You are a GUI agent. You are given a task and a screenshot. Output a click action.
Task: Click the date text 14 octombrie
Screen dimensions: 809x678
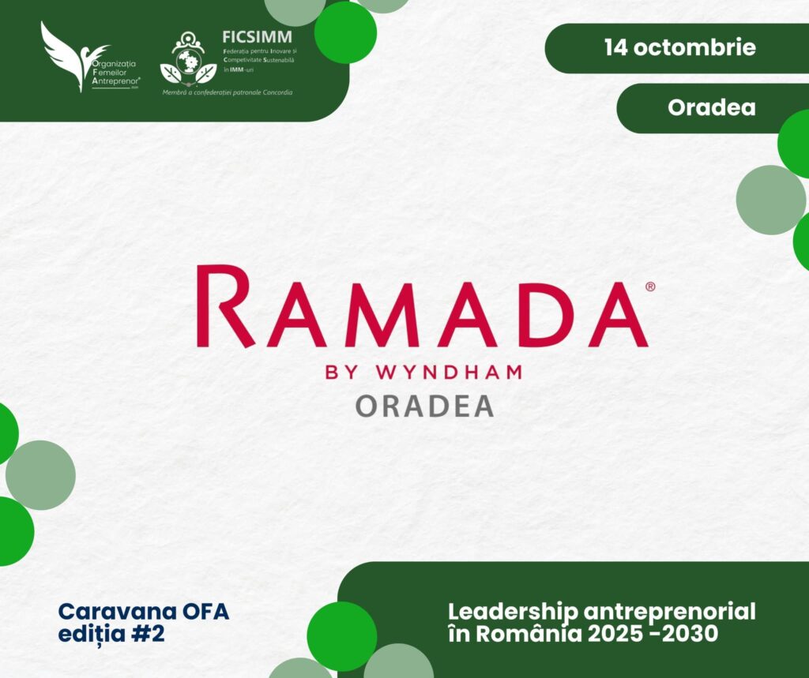pyautogui.click(x=680, y=47)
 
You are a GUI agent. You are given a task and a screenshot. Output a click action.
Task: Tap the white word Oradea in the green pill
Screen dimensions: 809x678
pyautogui.click(x=712, y=107)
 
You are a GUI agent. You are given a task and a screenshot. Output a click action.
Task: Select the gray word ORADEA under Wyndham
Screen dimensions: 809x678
pyautogui.click(x=424, y=406)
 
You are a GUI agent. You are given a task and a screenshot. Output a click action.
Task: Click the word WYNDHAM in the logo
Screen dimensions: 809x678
pyautogui.click(x=450, y=373)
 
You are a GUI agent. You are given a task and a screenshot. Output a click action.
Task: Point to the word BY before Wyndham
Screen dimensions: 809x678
pyautogui.click(x=341, y=373)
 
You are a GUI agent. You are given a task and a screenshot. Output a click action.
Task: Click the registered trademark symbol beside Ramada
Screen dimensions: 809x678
pyautogui.click(x=650, y=287)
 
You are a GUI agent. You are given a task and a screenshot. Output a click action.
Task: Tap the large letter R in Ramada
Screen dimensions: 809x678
pyautogui.click(x=225, y=305)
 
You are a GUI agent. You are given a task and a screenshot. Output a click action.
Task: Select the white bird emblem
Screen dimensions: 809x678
pyautogui.click(x=72, y=56)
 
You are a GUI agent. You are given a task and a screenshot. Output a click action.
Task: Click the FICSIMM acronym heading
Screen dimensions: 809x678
pyautogui.click(x=257, y=36)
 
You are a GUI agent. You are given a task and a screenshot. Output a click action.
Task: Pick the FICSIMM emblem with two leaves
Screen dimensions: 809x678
pyautogui.click(x=188, y=58)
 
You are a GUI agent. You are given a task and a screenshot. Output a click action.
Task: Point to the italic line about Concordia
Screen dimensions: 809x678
pyautogui.click(x=228, y=93)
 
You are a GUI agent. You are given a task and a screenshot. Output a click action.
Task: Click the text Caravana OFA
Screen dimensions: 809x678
pyautogui.click(x=144, y=612)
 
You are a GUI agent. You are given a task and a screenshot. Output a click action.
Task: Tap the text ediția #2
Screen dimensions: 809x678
pyautogui.click(x=111, y=634)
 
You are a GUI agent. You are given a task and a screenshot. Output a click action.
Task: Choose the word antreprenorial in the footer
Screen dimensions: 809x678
pyautogui.click(x=670, y=612)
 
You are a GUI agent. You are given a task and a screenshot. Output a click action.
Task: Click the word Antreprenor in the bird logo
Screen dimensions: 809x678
pyautogui.click(x=115, y=81)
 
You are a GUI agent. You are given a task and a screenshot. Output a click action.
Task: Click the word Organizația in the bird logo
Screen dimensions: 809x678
pyautogui.click(x=113, y=64)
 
